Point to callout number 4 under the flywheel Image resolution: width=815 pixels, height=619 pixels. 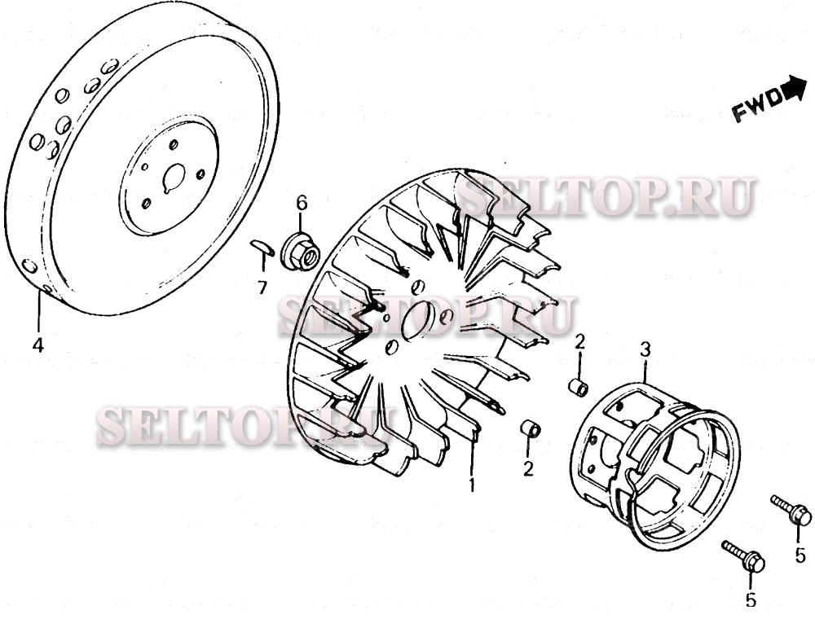[38, 345]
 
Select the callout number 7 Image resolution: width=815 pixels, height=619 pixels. [263, 287]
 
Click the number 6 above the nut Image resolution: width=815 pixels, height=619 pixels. [302, 202]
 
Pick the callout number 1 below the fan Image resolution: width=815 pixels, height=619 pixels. [472, 485]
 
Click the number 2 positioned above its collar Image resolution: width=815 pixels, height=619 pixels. [579, 342]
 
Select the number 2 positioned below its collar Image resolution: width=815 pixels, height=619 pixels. [528, 469]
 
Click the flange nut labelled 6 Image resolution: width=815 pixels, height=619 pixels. [300, 252]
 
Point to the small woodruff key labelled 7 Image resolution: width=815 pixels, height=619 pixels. [262, 247]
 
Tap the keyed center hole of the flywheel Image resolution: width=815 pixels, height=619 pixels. [174, 178]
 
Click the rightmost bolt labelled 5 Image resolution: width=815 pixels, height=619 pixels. [791, 510]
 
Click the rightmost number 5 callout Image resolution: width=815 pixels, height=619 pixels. [800, 555]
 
